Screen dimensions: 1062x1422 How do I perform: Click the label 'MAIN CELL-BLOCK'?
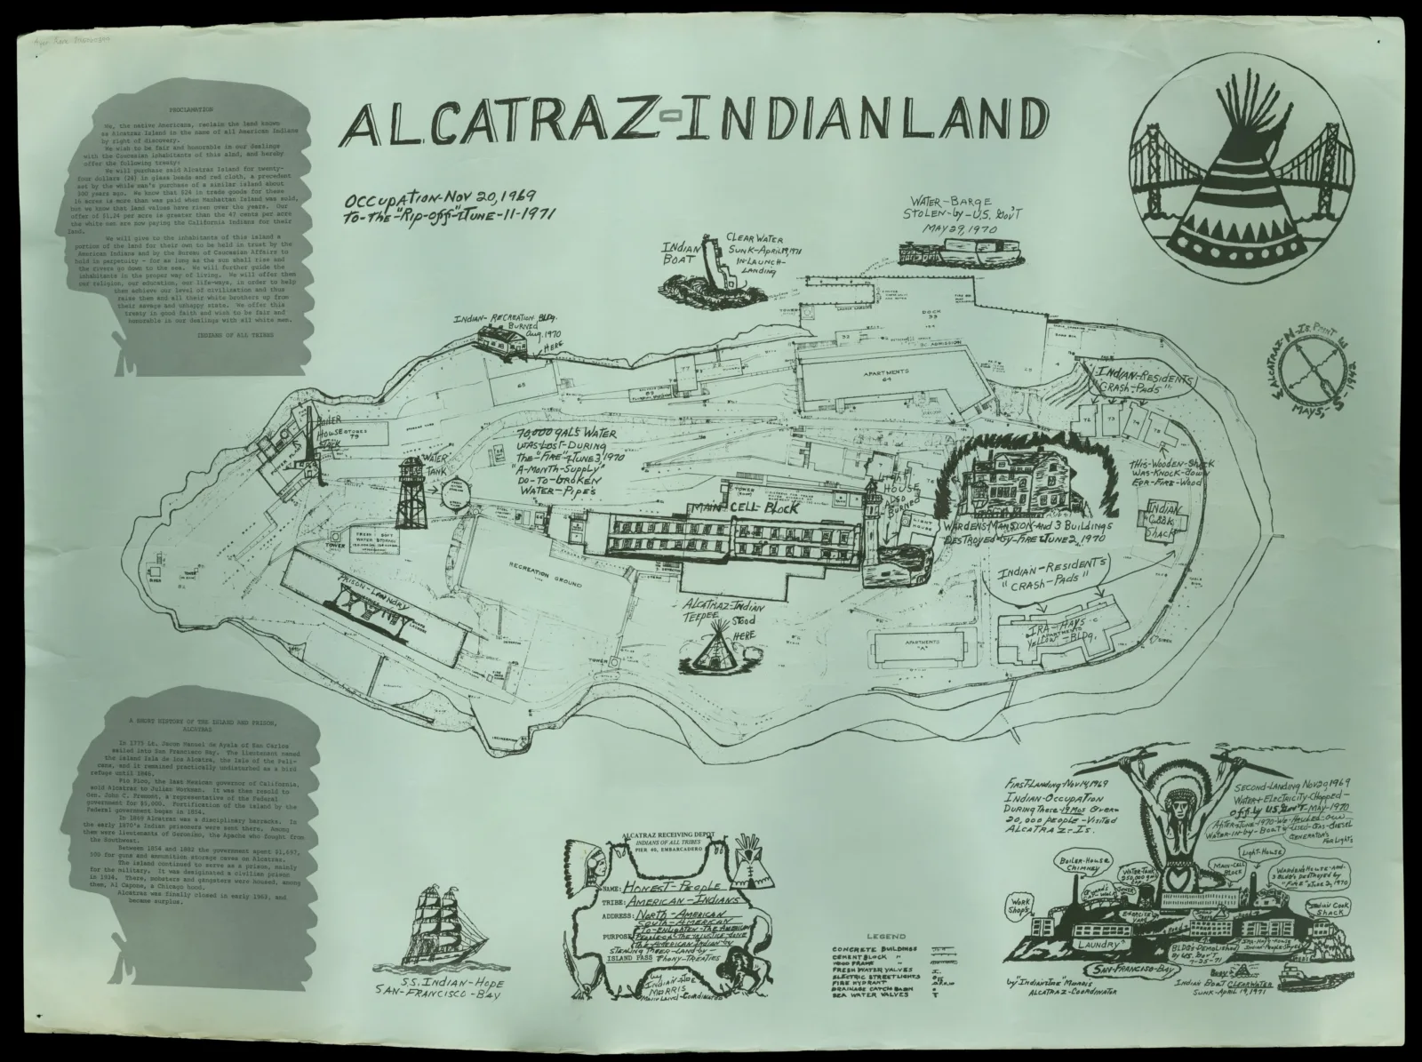tap(741, 509)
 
